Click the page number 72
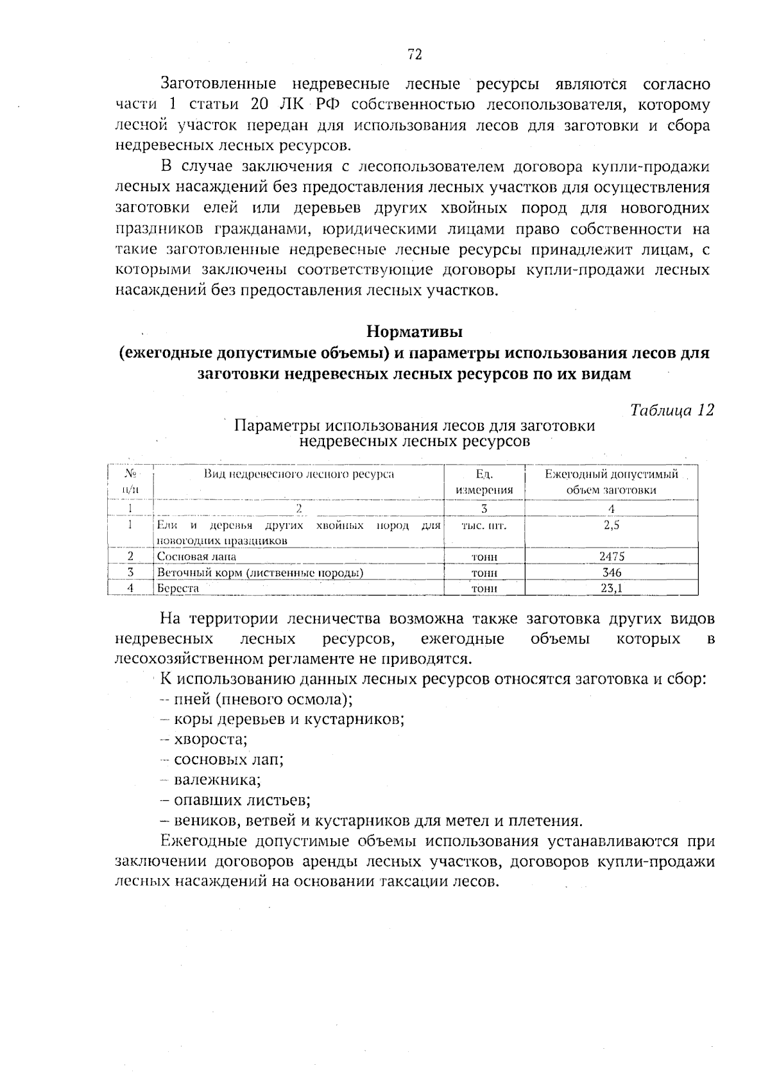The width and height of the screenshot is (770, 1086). [x=415, y=55]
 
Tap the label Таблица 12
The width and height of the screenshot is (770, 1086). [x=672, y=410]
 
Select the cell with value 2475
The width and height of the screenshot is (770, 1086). [x=611, y=556]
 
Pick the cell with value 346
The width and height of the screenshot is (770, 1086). [x=611, y=572]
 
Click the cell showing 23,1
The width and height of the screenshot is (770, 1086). [x=611, y=587]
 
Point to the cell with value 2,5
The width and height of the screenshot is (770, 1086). [x=611, y=525]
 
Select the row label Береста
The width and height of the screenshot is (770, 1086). [x=178, y=588]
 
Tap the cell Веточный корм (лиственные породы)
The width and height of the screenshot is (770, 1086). [x=261, y=573]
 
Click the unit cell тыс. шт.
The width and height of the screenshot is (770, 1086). [x=484, y=526]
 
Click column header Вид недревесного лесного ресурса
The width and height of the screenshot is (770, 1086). [x=299, y=474]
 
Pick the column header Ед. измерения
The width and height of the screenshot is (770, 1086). [x=484, y=482]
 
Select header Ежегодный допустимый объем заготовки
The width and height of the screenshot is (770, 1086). [x=611, y=482]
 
